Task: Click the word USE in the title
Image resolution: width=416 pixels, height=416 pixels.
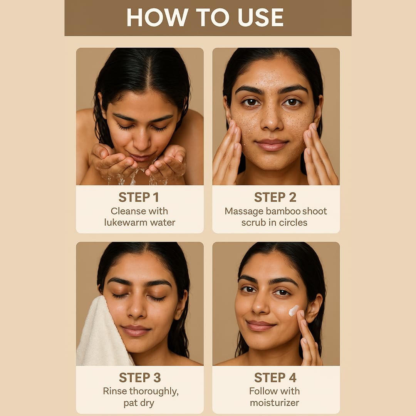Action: (x=260, y=17)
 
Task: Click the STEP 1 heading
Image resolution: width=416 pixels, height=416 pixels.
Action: (x=139, y=197)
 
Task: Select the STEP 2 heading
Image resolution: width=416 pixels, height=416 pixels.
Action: (x=275, y=197)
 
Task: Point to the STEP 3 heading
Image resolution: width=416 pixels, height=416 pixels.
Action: (x=140, y=377)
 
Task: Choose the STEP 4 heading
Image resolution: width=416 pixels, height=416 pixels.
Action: (x=275, y=377)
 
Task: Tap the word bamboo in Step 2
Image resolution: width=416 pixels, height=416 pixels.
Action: (x=283, y=211)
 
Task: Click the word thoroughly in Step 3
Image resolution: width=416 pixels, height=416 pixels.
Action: (x=154, y=392)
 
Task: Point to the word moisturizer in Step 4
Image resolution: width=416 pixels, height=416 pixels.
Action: (x=274, y=403)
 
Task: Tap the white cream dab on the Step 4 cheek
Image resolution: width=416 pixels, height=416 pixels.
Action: (x=294, y=311)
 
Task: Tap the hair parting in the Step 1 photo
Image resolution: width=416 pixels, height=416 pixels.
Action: (x=150, y=69)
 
